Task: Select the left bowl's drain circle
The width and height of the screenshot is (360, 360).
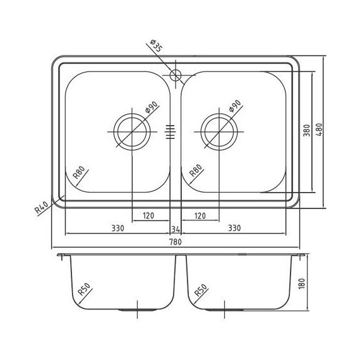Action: point(132,131)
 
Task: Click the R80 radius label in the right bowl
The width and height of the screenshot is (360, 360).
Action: point(196,174)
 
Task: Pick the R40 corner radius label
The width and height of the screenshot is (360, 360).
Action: point(43,208)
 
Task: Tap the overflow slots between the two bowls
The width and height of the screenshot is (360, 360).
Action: point(169,131)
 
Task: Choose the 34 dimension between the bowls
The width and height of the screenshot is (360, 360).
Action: point(176,227)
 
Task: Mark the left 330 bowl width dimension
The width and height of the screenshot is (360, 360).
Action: point(116,227)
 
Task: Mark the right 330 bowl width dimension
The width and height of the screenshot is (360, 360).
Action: point(235,227)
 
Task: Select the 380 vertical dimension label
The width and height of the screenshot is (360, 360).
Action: point(306,131)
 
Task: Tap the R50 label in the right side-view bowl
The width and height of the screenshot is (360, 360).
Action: point(202,291)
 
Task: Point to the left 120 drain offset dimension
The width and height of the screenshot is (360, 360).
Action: point(148,216)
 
